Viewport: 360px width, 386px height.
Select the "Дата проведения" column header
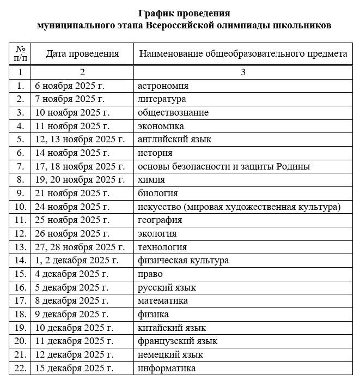pyautogui.click(x=82, y=53)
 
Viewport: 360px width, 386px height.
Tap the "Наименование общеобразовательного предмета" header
pyautogui.click(x=243, y=53)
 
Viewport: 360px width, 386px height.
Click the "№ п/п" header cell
pyautogui.click(x=20, y=53)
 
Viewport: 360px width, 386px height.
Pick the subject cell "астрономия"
pyautogui.click(x=163, y=86)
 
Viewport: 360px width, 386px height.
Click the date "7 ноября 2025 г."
pyautogui.click(x=70, y=99)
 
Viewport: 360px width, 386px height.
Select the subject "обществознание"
pyautogui.click(x=173, y=112)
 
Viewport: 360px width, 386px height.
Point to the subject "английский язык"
pyautogui.click(x=174, y=140)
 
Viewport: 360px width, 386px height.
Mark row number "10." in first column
pyautogui.click(x=21, y=207)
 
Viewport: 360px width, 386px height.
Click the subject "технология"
pyautogui.click(x=162, y=247)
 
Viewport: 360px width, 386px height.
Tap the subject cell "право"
pyautogui.click(x=150, y=274)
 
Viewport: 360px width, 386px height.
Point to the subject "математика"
pyautogui.click(x=163, y=301)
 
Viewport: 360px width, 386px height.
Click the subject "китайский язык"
pyautogui.click(x=172, y=328)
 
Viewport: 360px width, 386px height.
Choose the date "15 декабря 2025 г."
pyautogui.click(x=74, y=368)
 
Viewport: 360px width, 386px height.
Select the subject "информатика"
pyautogui.click(x=167, y=368)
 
